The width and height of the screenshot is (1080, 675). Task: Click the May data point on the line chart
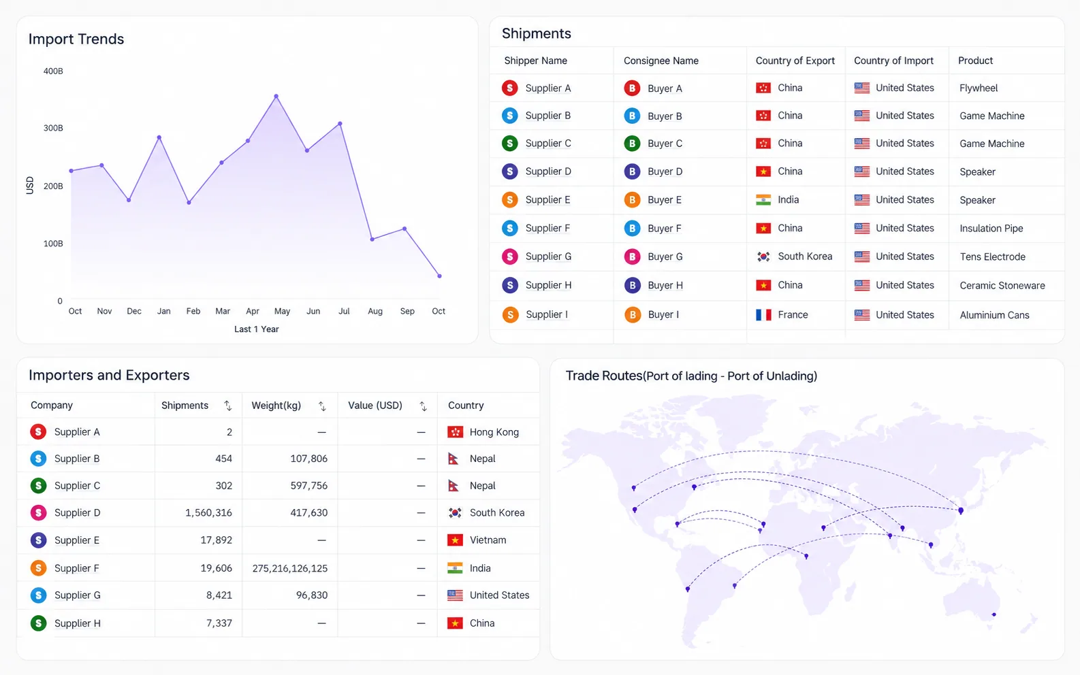pos(276,97)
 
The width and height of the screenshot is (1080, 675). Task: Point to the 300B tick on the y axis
pos(53,128)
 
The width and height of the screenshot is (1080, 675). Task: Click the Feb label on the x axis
pos(193,311)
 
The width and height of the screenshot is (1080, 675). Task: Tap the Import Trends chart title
pos(76,39)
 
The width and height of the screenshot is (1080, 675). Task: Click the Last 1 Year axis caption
pos(257,329)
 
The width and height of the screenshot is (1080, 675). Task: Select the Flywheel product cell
pos(979,88)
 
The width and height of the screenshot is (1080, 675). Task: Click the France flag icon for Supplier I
pos(763,314)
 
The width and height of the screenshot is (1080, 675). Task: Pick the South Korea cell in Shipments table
pos(805,257)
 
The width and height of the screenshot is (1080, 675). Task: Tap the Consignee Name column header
pos(661,61)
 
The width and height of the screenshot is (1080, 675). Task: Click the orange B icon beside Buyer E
pos(632,199)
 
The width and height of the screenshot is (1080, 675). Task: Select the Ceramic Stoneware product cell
pos(1002,285)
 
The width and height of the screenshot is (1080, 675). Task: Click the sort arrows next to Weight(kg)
pos(322,406)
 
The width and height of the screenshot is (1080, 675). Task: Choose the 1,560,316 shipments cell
pos(208,512)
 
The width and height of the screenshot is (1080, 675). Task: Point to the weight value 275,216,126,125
pos(290,569)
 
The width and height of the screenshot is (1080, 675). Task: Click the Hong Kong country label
pos(494,432)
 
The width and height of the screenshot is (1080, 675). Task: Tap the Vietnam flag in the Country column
pos(455,540)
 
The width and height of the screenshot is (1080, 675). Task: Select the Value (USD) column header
pos(375,406)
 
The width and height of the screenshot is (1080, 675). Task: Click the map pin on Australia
pos(994,614)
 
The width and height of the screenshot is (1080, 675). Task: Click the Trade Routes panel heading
pos(691,376)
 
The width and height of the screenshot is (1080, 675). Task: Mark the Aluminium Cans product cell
pos(994,315)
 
